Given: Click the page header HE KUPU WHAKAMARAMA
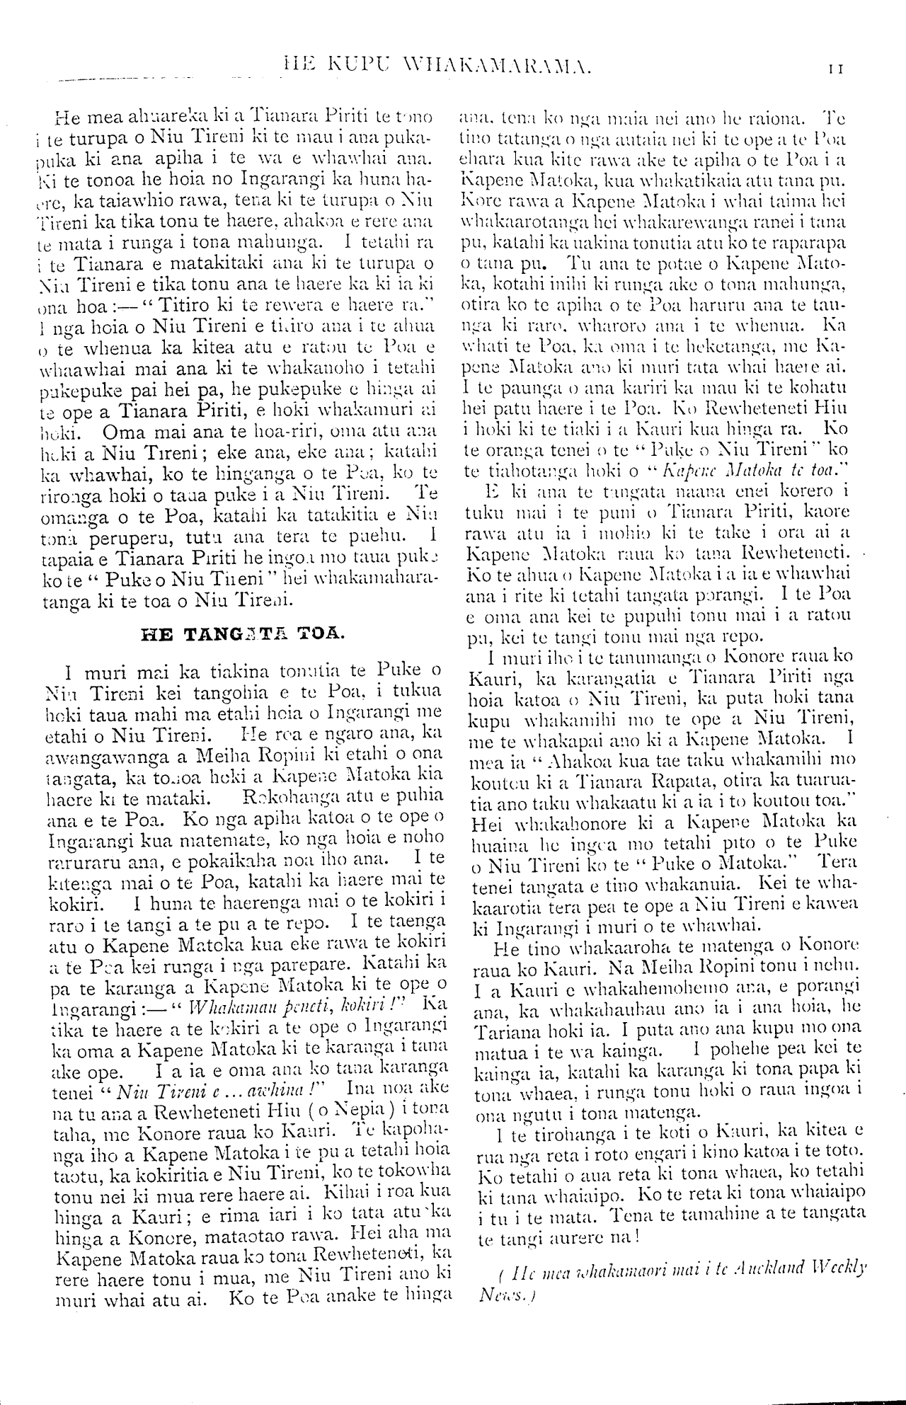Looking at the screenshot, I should [435, 68].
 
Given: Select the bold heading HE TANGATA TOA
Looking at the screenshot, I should [243, 633].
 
